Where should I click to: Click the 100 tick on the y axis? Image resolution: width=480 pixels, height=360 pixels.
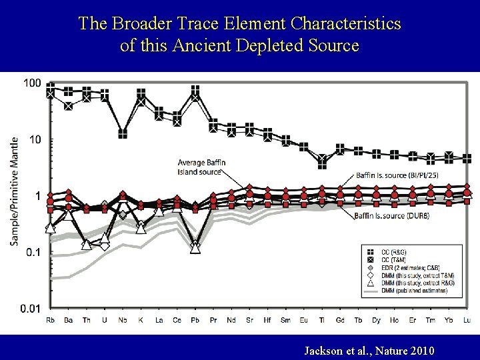coord(32,83)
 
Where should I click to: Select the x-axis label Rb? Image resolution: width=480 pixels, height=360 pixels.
coord(51,321)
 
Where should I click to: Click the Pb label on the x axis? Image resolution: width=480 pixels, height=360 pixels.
coord(195,321)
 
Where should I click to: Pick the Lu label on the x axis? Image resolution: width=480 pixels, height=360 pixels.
coord(467,321)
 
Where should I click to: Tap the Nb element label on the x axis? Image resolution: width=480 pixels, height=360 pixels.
coord(123,321)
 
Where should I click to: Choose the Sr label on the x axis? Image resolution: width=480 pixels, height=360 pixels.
coord(249,321)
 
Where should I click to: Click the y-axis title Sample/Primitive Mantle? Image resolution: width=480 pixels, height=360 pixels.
coord(14,191)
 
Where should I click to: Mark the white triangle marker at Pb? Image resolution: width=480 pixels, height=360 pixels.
coord(195,247)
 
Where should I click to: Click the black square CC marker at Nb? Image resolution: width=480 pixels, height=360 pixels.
coord(123,133)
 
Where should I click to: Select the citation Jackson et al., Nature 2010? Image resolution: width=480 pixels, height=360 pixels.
coord(369,349)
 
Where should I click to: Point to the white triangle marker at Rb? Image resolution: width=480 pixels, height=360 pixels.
coord(51,228)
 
